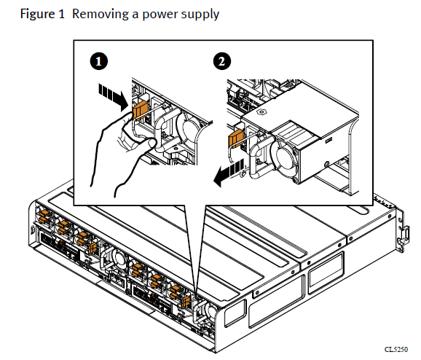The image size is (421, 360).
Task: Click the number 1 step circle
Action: point(99,61)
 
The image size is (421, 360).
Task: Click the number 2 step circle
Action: point(222,61)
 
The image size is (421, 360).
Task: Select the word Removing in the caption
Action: point(101,14)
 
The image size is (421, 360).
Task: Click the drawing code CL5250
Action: point(396,349)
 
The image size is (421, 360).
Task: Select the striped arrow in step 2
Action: point(229,172)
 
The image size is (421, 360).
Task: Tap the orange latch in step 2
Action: point(236,138)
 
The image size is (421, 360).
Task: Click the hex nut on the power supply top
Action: point(261,111)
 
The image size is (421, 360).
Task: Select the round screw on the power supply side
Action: point(327,164)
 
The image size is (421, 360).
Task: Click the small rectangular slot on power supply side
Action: point(329,139)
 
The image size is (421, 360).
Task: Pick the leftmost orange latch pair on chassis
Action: point(44,216)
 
